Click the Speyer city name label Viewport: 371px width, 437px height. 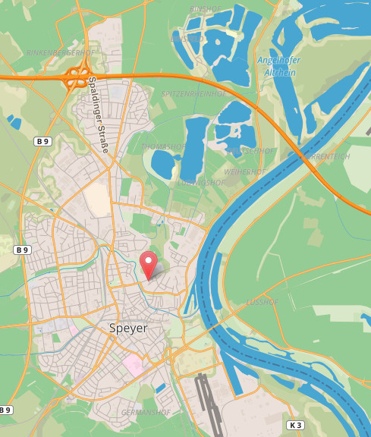[x=128, y=329]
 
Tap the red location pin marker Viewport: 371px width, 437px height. [x=149, y=263]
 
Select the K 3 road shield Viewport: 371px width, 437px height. [x=295, y=425]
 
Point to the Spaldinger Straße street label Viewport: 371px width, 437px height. [x=98, y=114]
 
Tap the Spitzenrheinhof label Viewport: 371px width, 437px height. [x=194, y=93]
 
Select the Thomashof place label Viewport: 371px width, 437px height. [x=163, y=146]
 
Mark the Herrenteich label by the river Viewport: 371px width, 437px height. [x=326, y=157]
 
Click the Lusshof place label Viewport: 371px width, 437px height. [x=263, y=302]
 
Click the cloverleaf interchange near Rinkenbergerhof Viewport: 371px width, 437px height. [x=76, y=77]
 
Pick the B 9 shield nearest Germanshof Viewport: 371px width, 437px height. [x=5, y=410]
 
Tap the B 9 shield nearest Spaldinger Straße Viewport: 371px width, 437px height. [x=43, y=141]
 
